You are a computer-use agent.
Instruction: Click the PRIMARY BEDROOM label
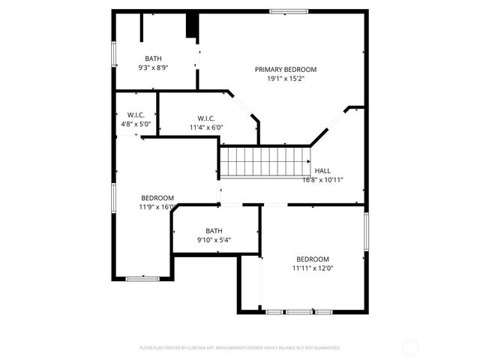285,69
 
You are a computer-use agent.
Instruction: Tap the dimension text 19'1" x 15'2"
285,78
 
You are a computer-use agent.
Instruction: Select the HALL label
322,171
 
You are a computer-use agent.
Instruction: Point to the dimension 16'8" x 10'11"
322,180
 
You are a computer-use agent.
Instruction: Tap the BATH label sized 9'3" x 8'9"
153,58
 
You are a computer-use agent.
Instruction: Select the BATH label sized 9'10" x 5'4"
214,231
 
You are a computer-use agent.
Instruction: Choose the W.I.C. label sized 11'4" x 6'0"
207,118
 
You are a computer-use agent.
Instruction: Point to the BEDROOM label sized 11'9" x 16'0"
157,198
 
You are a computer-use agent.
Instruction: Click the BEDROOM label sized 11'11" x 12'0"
312,259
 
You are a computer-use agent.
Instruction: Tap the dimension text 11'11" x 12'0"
312,268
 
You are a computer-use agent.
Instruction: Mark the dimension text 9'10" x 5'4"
214,240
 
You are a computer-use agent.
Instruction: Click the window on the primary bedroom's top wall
289,11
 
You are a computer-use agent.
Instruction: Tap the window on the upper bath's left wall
114,52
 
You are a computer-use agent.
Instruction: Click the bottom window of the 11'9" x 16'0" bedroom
142,279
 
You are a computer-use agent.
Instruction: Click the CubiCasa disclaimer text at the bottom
240,348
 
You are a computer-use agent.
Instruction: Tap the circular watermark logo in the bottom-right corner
410,347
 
